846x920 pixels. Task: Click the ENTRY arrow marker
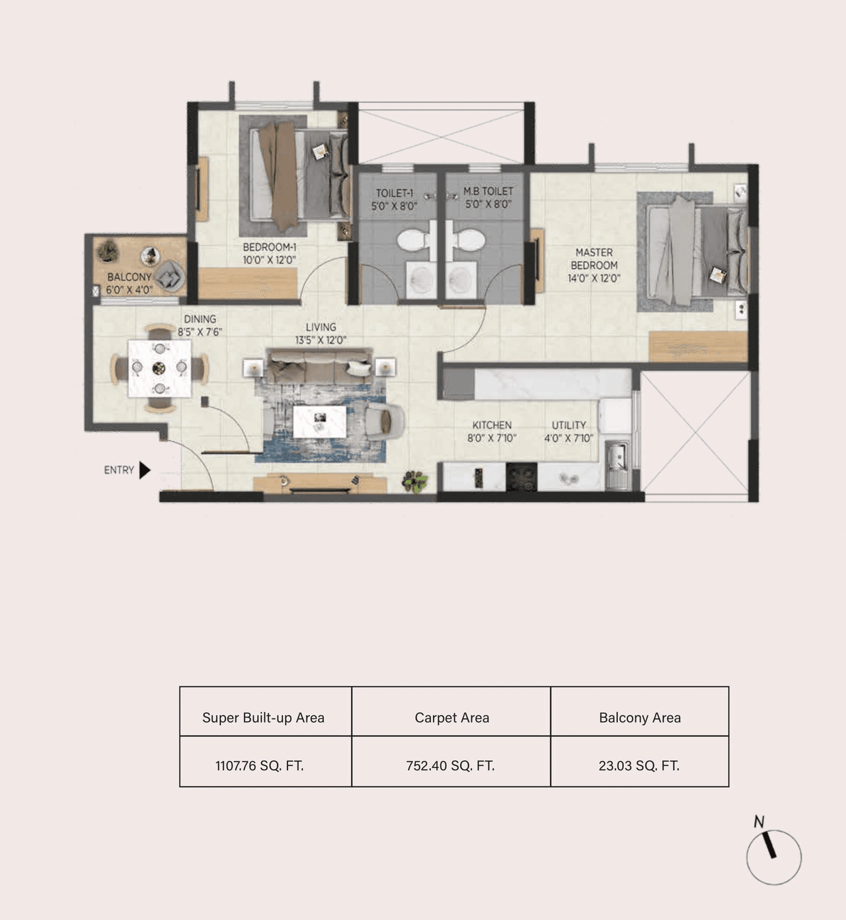145,470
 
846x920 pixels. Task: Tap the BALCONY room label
130,277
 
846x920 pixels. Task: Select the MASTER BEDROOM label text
594,259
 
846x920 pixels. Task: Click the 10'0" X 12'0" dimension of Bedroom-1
269,260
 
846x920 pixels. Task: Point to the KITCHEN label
492,425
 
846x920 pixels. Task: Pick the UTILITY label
568,425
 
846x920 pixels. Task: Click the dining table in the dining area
159,368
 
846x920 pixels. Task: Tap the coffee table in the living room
320,421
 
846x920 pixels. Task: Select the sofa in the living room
319,368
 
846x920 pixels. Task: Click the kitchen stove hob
521,476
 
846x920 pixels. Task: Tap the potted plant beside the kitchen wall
416,481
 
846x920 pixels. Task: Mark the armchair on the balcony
171,275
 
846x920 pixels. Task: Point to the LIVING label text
321,327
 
